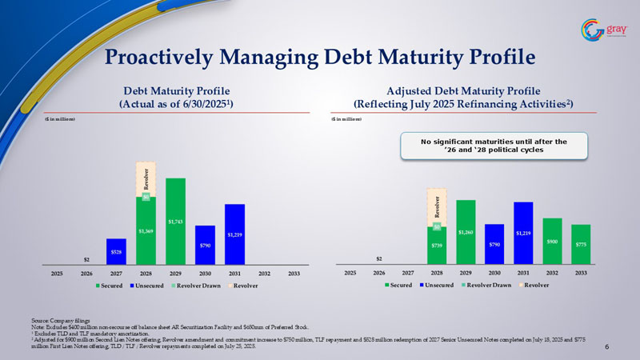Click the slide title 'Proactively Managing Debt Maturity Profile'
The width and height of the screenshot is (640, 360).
320,57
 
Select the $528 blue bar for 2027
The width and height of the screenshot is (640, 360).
116,251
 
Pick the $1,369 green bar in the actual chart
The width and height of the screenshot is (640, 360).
146,232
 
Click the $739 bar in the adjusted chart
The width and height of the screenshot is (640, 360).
437,245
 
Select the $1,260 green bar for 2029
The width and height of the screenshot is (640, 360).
466,232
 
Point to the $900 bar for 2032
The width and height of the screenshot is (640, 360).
551,241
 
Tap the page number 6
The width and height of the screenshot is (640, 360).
607,346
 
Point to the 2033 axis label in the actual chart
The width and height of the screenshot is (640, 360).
293,273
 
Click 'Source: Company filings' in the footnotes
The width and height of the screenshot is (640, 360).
57,320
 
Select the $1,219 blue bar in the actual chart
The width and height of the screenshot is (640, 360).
234,234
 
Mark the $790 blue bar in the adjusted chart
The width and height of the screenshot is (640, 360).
495,244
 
